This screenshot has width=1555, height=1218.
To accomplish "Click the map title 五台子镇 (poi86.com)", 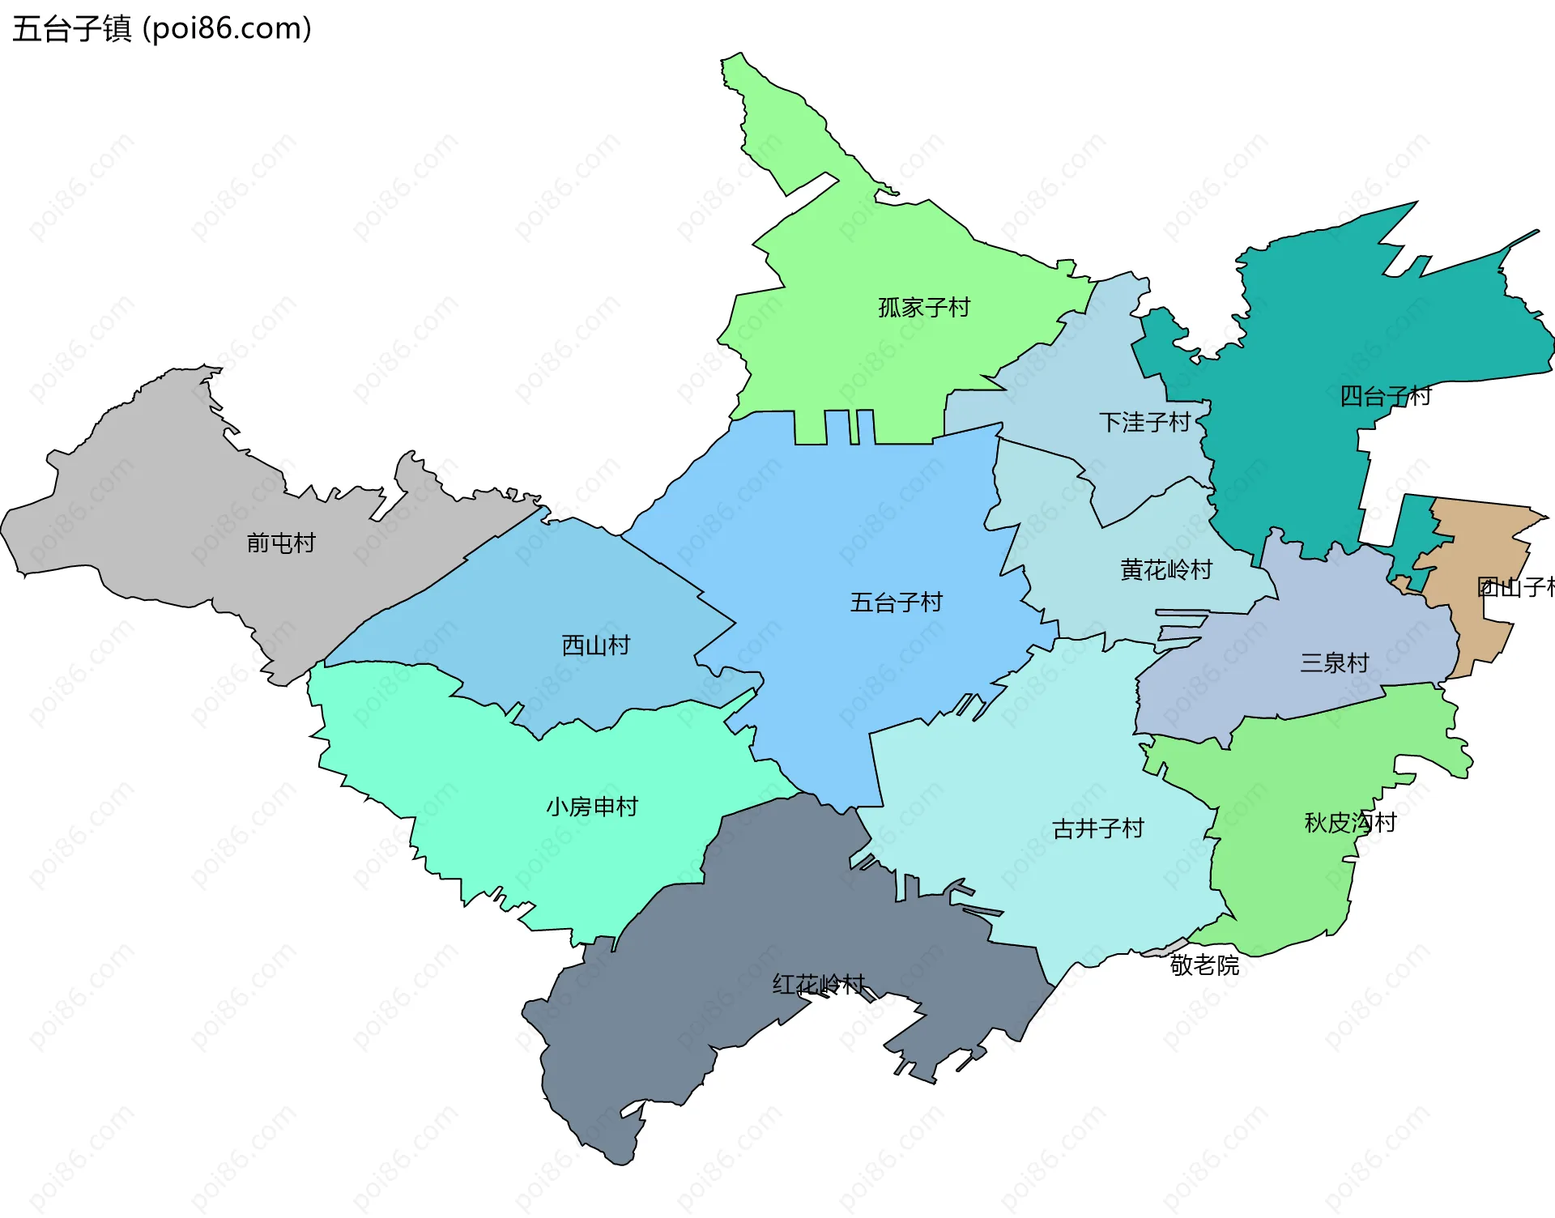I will [x=162, y=29].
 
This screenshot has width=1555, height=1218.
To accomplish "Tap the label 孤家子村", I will [x=924, y=308].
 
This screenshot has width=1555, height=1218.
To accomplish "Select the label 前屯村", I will [x=281, y=543].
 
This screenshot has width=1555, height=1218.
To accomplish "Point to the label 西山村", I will [x=596, y=645].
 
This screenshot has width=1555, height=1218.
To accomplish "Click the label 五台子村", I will [x=897, y=603].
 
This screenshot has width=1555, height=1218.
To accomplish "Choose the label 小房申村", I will [x=592, y=807].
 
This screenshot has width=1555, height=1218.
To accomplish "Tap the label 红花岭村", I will [x=819, y=985].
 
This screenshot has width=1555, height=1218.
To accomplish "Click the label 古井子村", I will [x=1098, y=828].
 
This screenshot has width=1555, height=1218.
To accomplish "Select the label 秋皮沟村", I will [x=1351, y=823].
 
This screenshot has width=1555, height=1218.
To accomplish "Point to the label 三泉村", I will [x=1335, y=663].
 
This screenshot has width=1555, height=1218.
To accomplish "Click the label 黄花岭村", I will [x=1166, y=570].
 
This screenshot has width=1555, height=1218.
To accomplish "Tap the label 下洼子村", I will [x=1144, y=422].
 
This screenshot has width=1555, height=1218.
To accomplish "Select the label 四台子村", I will [x=1385, y=396].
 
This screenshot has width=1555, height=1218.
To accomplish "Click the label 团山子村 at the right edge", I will [x=1515, y=587].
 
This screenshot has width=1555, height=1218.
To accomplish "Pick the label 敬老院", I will [x=1204, y=965].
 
